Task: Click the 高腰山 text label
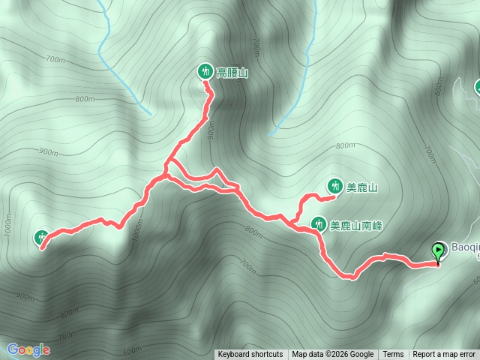(x=232, y=73)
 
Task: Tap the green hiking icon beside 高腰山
(x=205, y=72)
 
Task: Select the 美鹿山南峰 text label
(x=356, y=223)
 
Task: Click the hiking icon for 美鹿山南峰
(x=318, y=223)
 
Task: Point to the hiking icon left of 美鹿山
(x=334, y=186)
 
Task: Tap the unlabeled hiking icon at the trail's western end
(x=42, y=238)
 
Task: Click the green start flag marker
(x=438, y=252)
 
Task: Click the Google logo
(x=28, y=349)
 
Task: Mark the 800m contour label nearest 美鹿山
(x=345, y=145)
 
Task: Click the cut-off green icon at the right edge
(x=477, y=88)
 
